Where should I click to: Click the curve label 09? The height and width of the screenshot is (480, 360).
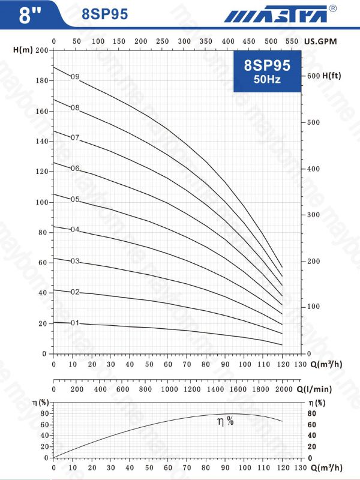click(75, 77)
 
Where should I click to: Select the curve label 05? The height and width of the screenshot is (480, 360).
click(75, 199)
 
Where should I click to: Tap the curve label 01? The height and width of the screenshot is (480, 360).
click(75, 323)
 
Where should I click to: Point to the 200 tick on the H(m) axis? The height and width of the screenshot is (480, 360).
click(41, 50)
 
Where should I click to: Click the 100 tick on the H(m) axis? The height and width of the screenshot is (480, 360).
click(41, 202)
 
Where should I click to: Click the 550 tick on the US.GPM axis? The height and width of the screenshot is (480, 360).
click(292, 41)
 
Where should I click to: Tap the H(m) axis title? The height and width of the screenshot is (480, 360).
click(22, 50)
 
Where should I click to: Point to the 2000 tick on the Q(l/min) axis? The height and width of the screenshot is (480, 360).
click(281, 389)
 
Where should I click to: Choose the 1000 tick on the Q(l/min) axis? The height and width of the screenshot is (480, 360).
click(167, 389)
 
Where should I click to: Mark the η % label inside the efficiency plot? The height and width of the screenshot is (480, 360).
click(226, 422)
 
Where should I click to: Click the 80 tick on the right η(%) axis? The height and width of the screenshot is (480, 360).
click(311, 413)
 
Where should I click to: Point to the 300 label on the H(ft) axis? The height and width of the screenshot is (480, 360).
click(313, 214)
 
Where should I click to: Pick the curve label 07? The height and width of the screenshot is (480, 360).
click(75, 138)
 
